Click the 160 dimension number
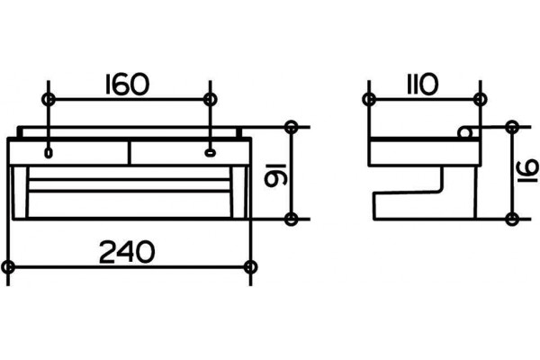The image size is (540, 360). coord(127,85)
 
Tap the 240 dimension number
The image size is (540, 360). coord(127,252)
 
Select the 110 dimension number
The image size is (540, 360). coord(422,85)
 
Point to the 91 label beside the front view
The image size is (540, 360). coord(274,175)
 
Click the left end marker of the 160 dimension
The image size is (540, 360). coord(49,100)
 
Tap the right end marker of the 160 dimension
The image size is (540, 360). coord(210,100)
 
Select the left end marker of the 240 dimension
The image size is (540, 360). coord(9,267)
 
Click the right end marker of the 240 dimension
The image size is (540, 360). coord(250,267)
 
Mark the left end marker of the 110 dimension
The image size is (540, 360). coord(369,100)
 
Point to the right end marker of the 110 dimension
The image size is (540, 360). coord(480,100)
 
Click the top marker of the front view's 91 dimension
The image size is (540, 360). coord(292,127)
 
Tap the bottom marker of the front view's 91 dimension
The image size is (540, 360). coord(292,219)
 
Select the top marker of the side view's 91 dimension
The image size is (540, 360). coord(513,127)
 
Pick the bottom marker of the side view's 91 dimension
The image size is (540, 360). coord(513,219)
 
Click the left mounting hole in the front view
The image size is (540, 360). coord(49,153)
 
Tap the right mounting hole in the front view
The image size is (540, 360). coord(210,152)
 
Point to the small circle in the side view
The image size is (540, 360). coord(464,132)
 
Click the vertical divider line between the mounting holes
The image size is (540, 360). coord(130,153)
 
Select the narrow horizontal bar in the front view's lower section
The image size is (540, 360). coord(130,185)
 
